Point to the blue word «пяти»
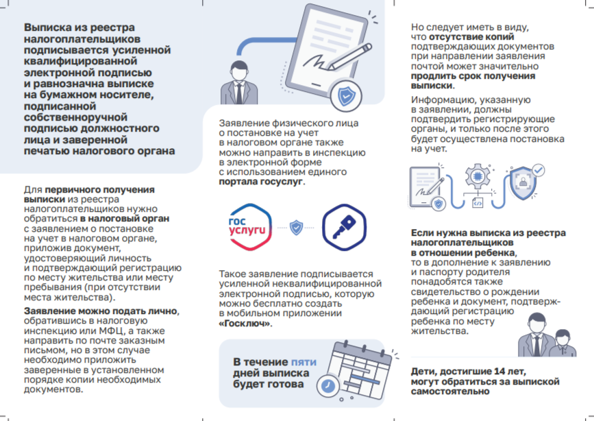pyautogui.click(x=304, y=361)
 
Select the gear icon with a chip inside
pyautogui.click(x=478, y=175)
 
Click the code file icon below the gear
pyautogui.click(x=478, y=203)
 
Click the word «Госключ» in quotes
pyautogui.click(x=244, y=323)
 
